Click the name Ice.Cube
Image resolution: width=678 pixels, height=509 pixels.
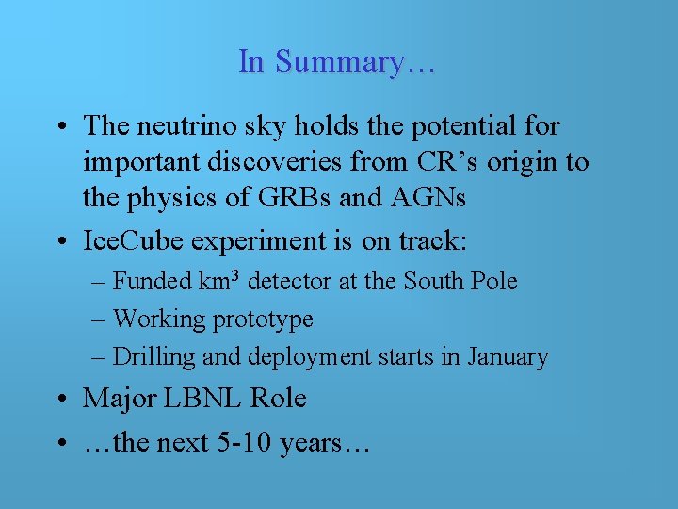click(x=134, y=240)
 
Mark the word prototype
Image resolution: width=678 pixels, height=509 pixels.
click(x=265, y=320)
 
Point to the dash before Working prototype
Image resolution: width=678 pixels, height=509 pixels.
click(x=100, y=320)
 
